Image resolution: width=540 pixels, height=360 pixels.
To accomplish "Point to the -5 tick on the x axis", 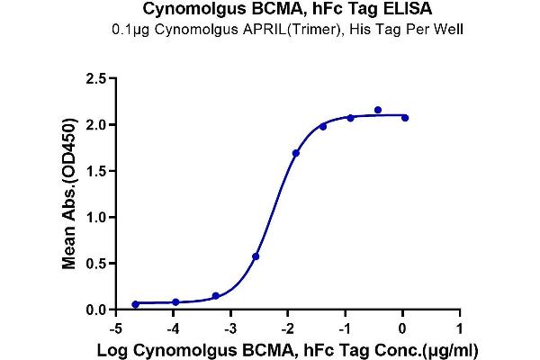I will (114, 327).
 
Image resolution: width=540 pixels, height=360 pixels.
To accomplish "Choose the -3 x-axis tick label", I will (229, 327).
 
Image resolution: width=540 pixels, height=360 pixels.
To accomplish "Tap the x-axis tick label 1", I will (460, 327).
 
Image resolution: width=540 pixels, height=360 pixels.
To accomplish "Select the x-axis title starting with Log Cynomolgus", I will (288, 347).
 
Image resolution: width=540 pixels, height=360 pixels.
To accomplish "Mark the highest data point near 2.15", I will (378, 110).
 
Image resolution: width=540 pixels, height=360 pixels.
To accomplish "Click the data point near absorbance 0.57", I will (256, 256).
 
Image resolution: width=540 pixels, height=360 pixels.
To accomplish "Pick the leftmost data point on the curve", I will (135, 304).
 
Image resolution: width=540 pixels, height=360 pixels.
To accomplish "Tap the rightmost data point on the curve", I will (405, 118).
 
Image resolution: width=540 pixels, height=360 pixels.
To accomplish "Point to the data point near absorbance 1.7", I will (296, 153).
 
